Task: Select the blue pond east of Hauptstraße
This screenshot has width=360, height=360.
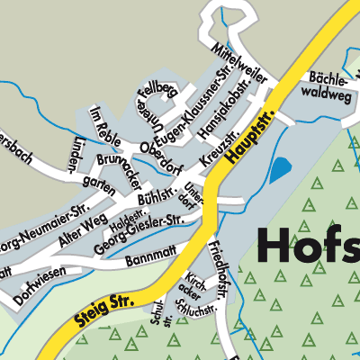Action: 282,168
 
